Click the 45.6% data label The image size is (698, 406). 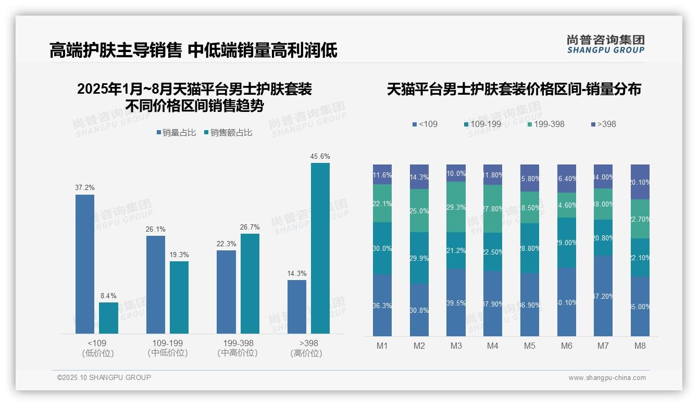(x=320, y=156)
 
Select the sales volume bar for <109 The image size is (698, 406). (x=85, y=264)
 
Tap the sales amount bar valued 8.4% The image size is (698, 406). (x=108, y=318)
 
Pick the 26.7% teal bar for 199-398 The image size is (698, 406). (x=250, y=284)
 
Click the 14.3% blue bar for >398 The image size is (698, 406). (x=297, y=307)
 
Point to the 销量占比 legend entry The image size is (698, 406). (x=176, y=133)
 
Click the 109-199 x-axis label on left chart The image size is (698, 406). (x=168, y=344)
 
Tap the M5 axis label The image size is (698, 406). (x=530, y=346)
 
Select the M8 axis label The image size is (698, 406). (x=640, y=346)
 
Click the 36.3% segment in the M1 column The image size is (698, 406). (x=382, y=305)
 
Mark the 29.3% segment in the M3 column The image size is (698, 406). (x=456, y=207)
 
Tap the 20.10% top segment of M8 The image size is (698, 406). (x=640, y=182)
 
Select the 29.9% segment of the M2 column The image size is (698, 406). (x=419, y=258)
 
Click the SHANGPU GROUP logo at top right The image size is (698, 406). (x=605, y=44)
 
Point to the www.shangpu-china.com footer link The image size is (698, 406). (x=607, y=378)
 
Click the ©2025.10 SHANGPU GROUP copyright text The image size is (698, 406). (x=104, y=377)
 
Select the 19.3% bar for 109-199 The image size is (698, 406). (x=179, y=297)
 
